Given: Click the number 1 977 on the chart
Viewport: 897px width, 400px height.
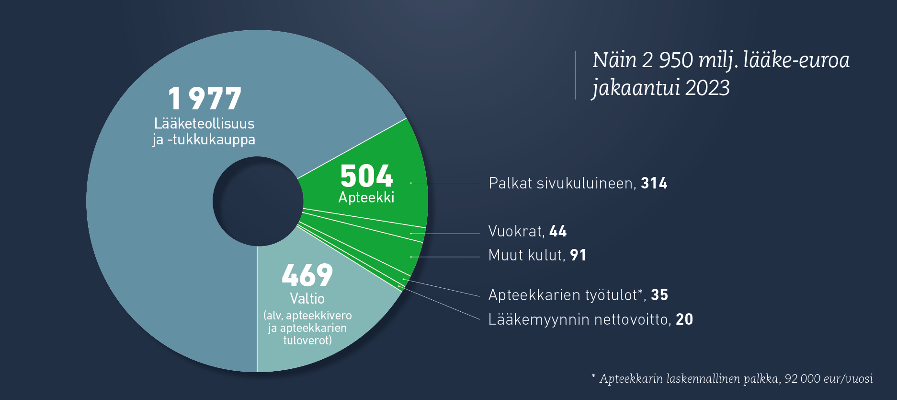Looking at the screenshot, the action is tap(204, 98).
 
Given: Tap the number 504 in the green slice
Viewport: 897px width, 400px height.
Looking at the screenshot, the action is tap(366, 176).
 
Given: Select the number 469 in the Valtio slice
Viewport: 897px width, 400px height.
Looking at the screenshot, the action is tap(307, 275).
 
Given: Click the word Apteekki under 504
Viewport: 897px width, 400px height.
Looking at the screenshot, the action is tap(366, 198).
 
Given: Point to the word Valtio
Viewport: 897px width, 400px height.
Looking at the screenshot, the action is tap(307, 298).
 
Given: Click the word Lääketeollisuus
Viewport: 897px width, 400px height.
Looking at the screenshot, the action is tap(204, 123).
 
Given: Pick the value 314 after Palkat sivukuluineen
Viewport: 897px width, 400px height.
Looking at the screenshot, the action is tap(654, 183).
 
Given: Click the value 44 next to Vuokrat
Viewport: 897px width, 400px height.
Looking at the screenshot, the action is tap(558, 231).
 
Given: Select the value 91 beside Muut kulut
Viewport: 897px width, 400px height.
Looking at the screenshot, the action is tap(578, 255).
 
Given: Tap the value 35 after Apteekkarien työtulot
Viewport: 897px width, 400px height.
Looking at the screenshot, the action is tap(659, 295).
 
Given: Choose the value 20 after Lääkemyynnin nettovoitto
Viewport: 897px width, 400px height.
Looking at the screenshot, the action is tap(684, 319).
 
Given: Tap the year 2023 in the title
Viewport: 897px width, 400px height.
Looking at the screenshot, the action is tap(707, 88).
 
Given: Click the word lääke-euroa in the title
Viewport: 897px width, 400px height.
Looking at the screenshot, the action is tap(796, 60).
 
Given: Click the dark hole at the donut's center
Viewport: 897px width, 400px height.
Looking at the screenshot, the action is tap(258, 201).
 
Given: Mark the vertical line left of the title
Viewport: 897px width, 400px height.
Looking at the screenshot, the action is tap(575, 75).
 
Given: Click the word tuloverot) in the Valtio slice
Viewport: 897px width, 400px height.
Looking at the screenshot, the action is tap(307, 341).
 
